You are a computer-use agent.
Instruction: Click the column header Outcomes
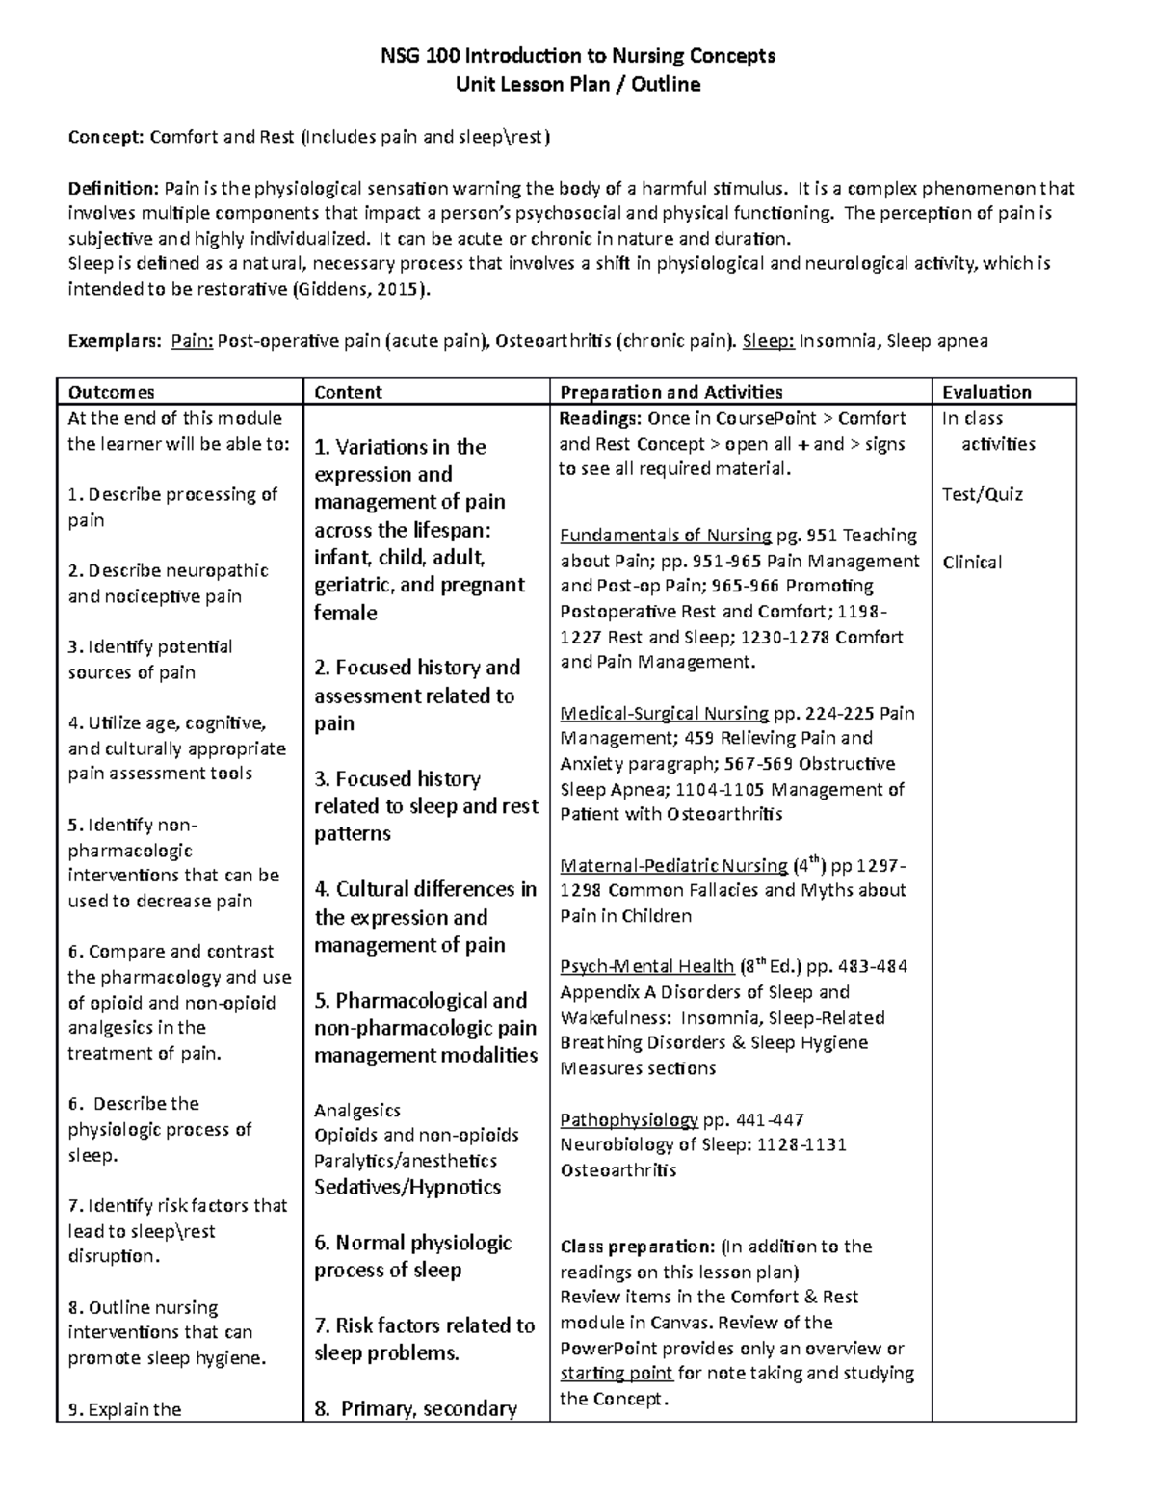click(x=111, y=392)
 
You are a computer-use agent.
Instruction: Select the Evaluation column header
click(x=986, y=392)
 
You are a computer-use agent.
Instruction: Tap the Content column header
click(x=348, y=392)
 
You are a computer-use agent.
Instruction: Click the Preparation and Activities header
click(x=671, y=392)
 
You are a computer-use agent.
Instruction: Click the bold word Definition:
click(x=113, y=188)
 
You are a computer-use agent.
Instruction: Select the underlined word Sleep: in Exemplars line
click(x=769, y=340)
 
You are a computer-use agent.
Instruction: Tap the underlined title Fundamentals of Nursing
click(x=666, y=536)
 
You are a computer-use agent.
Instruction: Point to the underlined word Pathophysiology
click(x=629, y=1119)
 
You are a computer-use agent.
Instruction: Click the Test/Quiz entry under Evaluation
click(x=983, y=494)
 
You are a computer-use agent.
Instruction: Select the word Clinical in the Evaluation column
click(x=972, y=562)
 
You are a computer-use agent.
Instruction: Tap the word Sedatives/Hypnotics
click(x=407, y=1187)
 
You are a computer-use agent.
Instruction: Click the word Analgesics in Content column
click(x=357, y=1110)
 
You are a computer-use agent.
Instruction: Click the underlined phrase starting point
click(x=617, y=1373)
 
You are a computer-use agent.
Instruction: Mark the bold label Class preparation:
click(x=637, y=1247)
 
